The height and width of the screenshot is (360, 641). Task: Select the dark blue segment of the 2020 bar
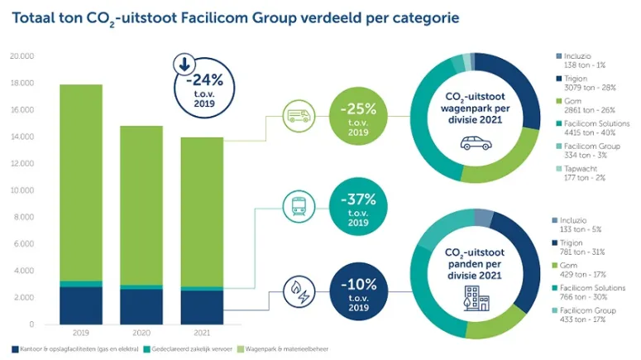tap(141, 305)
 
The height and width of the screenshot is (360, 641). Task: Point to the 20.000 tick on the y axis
tap(22, 57)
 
